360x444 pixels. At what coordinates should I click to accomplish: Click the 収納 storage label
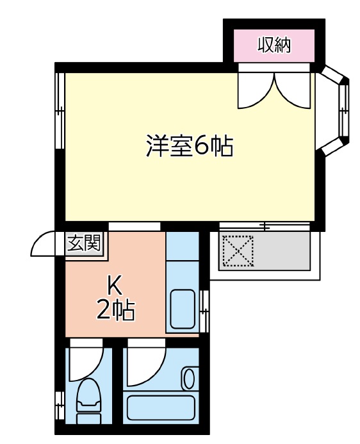point(275,45)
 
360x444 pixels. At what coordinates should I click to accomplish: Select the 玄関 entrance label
point(84,243)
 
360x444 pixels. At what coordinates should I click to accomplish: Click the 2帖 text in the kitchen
point(115,311)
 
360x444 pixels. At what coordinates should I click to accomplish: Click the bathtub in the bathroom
point(161,408)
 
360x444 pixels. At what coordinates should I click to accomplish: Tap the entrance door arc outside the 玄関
point(47,244)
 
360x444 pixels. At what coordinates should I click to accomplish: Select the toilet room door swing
point(85,363)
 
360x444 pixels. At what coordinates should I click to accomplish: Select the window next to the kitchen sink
point(204,311)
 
